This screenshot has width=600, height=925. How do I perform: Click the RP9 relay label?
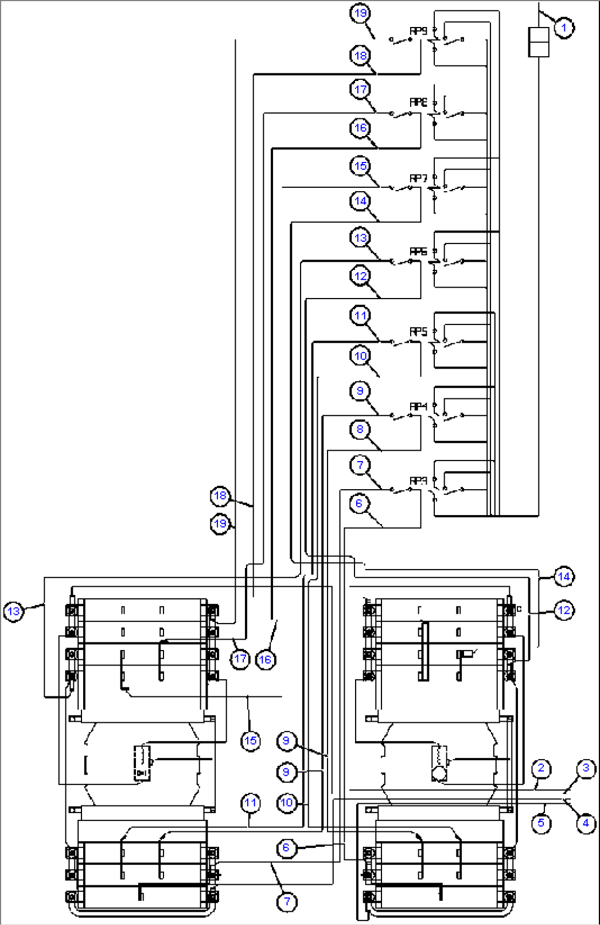click(418, 31)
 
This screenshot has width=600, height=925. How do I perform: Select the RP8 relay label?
click(418, 102)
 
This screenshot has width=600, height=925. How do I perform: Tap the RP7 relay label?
click(418, 178)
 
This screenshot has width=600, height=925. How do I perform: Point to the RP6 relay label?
click(418, 252)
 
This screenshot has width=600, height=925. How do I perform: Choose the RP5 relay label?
click(418, 332)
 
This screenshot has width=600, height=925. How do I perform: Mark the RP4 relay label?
click(418, 407)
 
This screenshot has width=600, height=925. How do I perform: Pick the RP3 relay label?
click(418, 481)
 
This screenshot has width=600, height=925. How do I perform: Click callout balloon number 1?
click(563, 27)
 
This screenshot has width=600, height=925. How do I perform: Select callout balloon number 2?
click(541, 768)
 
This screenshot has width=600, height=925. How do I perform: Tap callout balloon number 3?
click(586, 768)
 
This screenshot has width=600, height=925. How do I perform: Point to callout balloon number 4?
click(586, 823)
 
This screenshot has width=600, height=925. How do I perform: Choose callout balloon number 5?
click(541, 823)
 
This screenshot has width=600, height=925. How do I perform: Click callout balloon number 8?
click(360, 429)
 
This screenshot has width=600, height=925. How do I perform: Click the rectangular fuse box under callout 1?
click(538, 42)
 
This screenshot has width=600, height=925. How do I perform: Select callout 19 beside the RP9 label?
click(360, 13)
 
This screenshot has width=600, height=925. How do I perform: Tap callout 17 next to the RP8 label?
click(360, 89)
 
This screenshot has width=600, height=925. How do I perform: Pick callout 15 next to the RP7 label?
click(360, 166)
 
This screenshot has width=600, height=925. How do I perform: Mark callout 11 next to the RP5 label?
click(360, 316)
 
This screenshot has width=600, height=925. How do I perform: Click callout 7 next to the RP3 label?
click(360, 465)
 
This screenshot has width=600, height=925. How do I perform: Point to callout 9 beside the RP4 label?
click(360, 391)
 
